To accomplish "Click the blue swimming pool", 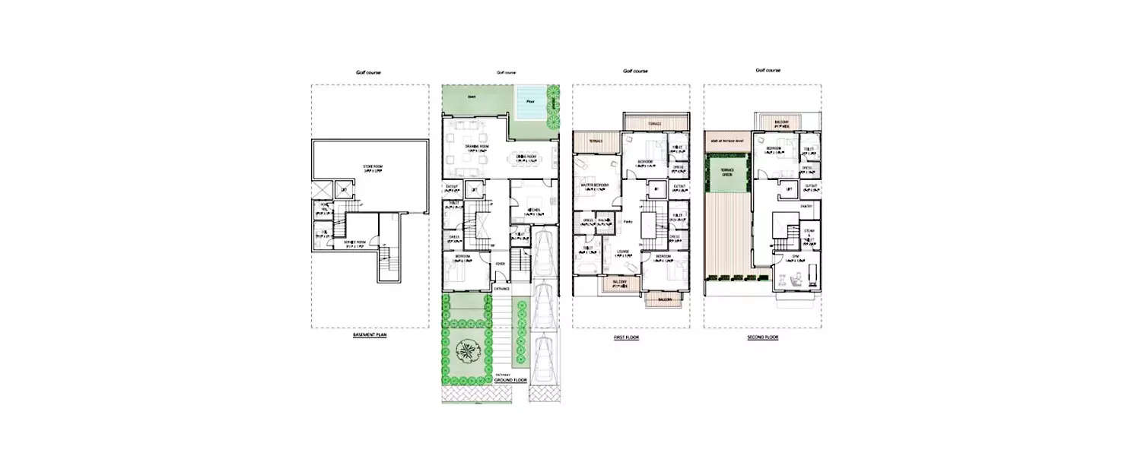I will [x=530, y=103].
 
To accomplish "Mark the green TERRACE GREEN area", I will [x=725, y=172].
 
